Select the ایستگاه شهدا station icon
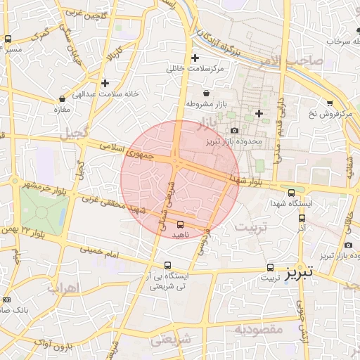tap(292, 193)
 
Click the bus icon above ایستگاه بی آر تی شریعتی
tap(167, 266)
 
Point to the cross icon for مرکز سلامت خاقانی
tap(195, 58)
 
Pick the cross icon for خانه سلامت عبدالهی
tap(105, 83)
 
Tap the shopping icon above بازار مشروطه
tap(205, 93)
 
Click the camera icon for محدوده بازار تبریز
tap(234, 130)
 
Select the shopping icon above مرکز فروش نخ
tap(329, 103)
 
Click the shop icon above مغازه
tap(57, 99)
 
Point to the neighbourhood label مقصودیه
tap(259, 329)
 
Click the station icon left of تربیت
tap(270, 267)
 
